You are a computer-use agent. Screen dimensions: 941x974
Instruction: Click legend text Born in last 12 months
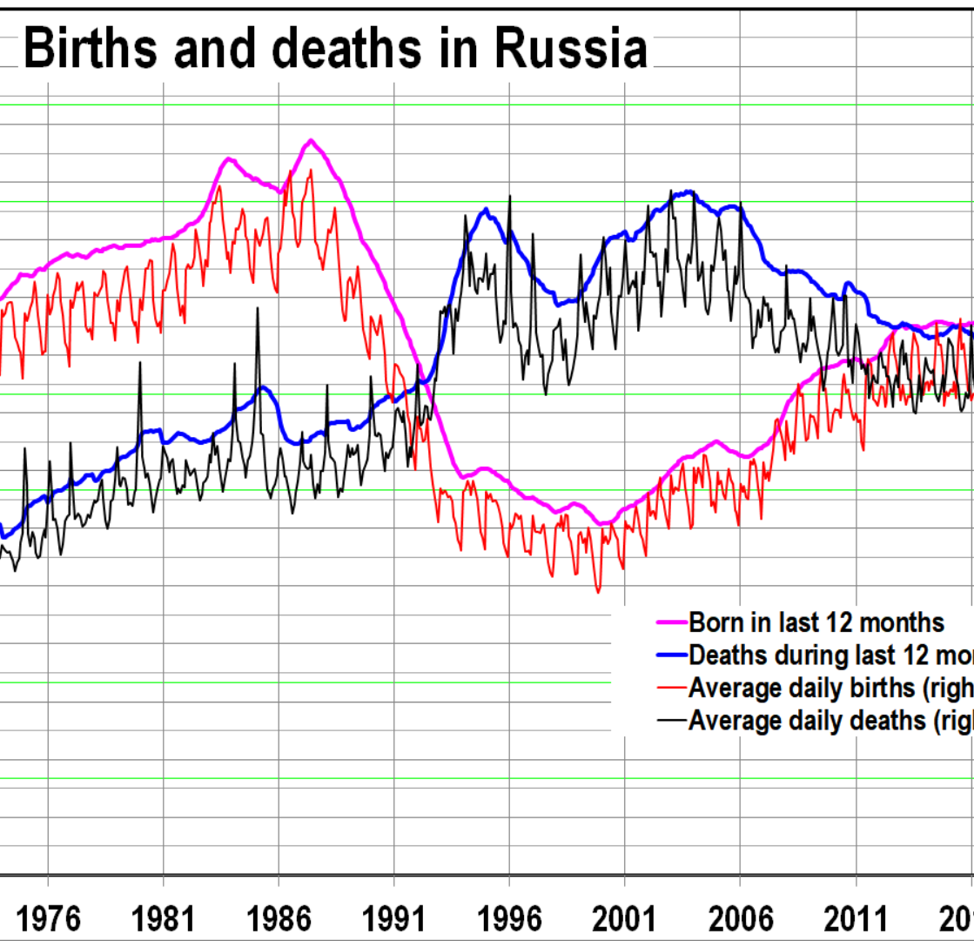click(x=816, y=622)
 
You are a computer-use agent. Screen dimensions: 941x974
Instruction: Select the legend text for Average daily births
click(x=830, y=687)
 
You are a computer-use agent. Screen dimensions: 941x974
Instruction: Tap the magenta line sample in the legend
click(x=670, y=623)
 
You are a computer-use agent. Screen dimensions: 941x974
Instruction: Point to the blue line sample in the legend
click(x=670, y=655)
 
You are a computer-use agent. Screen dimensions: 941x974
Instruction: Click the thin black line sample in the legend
click(x=670, y=720)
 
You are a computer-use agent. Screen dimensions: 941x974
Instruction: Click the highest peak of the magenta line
click(x=311, y=140)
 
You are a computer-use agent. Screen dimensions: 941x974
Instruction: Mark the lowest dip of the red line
click(x=598, y=592)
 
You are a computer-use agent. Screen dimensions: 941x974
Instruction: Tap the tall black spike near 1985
click(x=257, y=309)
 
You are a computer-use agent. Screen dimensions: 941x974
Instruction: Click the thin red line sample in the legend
click(x=670, y=688)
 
